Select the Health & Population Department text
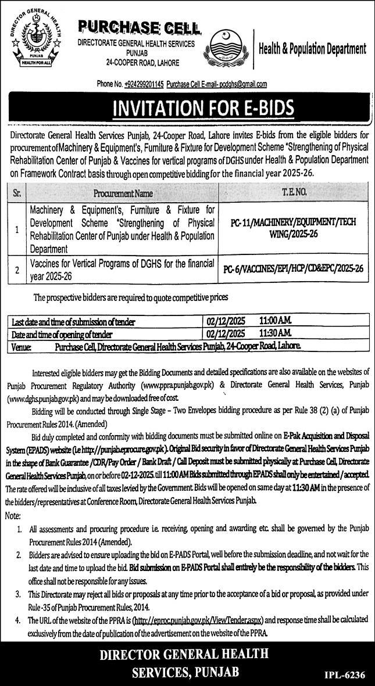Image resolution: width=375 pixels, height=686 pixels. click(312, 49)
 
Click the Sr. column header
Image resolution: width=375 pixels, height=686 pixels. click(18, 192)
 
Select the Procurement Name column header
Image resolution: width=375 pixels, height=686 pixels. click(122, 192)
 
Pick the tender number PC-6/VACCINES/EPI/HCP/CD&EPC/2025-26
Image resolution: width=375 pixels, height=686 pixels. click(294, 268)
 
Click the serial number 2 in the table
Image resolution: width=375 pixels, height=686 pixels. click(18, 268)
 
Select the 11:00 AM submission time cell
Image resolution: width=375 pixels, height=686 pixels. click(276, 321)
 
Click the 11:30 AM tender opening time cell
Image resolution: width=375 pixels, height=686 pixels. click(276, 334)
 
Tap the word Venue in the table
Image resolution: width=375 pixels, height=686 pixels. click(23, 347)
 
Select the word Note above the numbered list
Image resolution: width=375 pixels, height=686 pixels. click(12, 515)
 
